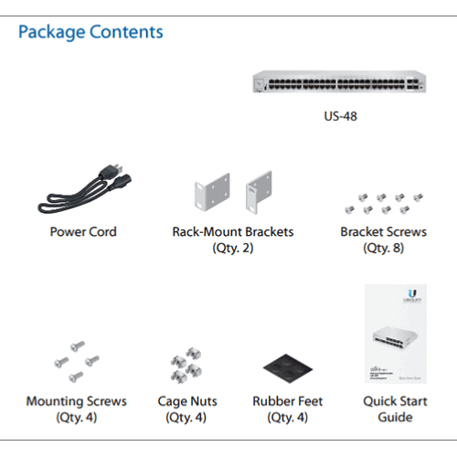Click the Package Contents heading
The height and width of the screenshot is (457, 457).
coord(90,32)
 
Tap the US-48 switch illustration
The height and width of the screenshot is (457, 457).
coord(339,81)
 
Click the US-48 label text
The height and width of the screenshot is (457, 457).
coord(340,116)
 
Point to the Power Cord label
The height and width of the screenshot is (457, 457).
coord(83,231)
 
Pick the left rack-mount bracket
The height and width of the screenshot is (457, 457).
coord(212,192)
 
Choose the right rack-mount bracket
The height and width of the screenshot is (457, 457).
coord(259,192)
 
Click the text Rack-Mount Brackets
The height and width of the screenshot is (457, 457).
coord(233,231)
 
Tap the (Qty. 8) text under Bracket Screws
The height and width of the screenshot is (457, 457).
coord(383,248)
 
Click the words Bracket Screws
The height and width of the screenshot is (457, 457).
coord(383,231)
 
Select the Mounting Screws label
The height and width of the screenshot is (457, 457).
coord(77,401)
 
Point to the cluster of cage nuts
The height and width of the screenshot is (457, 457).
coord(186,365)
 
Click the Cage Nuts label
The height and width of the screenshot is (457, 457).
coord(187,401)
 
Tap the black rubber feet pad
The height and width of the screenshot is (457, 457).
coord(288,368)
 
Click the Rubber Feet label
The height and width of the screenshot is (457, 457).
coord(288,401)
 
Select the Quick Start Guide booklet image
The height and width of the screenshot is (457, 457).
coord(396,334)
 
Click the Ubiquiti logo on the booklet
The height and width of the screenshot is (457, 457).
coord(412,296)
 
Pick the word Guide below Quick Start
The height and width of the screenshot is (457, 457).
coord(395,417)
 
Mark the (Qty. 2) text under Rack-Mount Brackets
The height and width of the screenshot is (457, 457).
coord(233,248)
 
